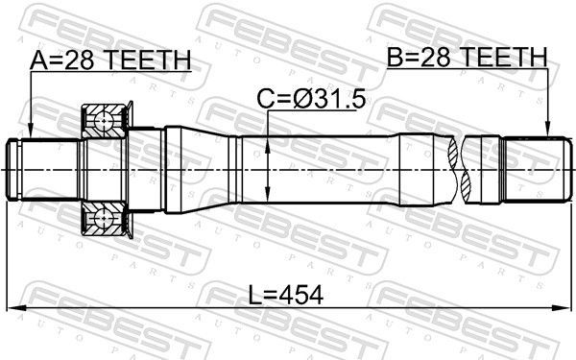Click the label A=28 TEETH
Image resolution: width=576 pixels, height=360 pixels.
coord(110,60)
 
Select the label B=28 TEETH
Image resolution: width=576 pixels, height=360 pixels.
coord(468,59)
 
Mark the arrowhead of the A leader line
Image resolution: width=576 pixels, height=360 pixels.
coord(31,133)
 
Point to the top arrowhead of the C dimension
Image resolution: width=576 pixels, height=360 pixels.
coord(268,136)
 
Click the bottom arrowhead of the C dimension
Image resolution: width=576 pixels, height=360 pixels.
coord(268,194)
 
